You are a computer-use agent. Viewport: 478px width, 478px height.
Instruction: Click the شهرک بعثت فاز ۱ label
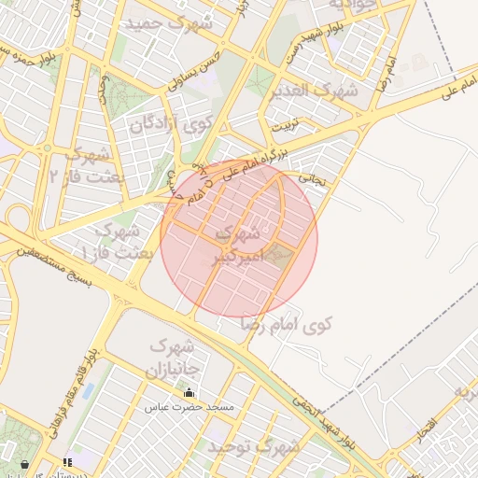pyautogui.click(x=111, y=241)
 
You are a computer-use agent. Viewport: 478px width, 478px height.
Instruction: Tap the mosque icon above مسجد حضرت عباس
pyautogui.click(x=190, y=393)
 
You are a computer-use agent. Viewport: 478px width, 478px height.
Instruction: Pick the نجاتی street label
pyautogui.click(x=312, y=176)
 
